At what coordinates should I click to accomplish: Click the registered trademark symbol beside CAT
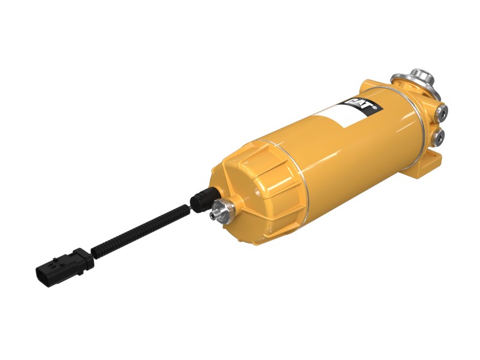(374, 107)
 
